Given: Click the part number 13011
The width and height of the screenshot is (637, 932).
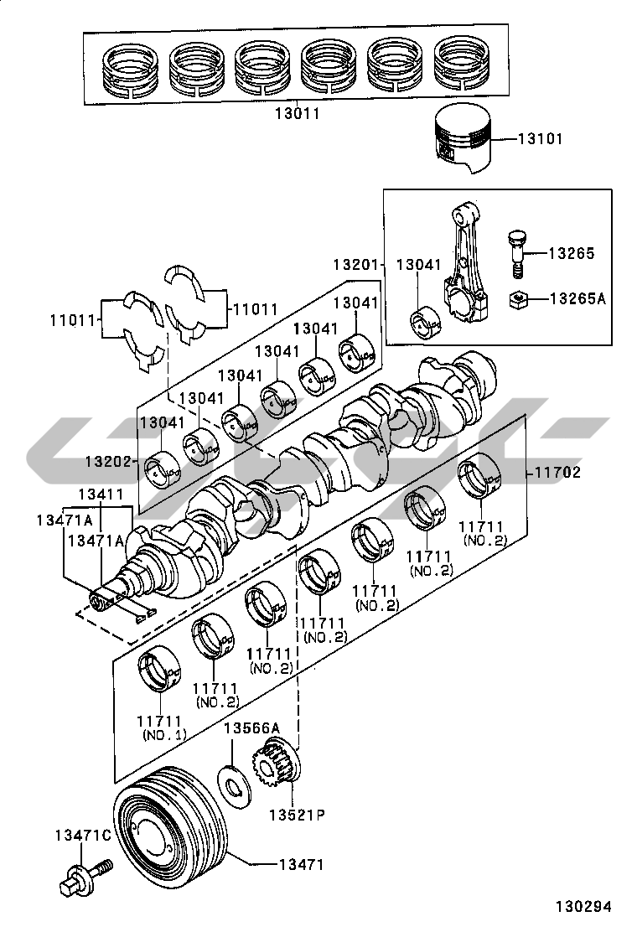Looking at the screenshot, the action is [x=297, y=113].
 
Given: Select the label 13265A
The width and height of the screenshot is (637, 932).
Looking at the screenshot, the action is [x=577, y=298].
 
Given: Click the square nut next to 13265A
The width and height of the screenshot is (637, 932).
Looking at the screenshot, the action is [x=520, y=299].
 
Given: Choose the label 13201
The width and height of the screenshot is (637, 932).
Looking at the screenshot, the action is [x=355, y=265].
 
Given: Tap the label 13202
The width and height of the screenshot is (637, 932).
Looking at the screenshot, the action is [x=107, y=461].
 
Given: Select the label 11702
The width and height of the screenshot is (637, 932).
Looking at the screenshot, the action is [x=557, y=473].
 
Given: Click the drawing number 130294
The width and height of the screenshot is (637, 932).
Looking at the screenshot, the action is [x=583, y=907].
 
